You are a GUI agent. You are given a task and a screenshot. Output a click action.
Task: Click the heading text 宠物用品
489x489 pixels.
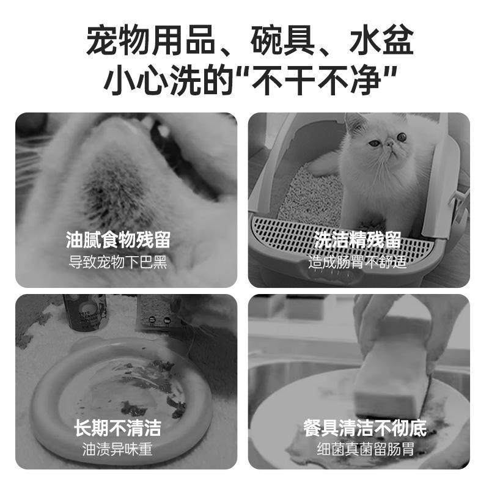click(x=152, y=40)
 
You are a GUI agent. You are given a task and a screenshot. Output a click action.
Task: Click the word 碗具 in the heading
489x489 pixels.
click(x=283, y=40)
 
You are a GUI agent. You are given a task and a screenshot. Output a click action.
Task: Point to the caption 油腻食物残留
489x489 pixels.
click(x=118, y=240)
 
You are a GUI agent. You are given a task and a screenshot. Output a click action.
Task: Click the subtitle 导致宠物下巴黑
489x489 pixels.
click(x=118, y=262)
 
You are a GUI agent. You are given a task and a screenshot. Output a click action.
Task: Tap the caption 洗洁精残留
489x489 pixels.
click(x=358, y=240)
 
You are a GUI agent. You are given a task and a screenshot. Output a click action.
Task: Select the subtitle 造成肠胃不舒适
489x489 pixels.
click(x=358, y=262)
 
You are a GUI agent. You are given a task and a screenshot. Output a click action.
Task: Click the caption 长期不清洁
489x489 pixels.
click(x=118, y=427)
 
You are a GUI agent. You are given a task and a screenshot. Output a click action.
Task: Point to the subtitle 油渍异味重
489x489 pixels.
click(x=118, y=450)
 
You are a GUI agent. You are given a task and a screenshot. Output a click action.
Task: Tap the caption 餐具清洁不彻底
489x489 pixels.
click(x=365, y=427)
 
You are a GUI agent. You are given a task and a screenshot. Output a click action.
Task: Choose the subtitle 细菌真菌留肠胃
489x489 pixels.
click(x=365, y=450)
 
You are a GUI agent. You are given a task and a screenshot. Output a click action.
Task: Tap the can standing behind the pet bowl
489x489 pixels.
click(x=86, y=312)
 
